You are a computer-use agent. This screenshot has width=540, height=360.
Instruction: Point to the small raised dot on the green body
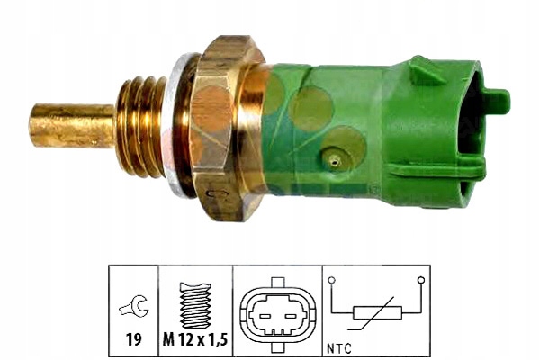[x=334, y=161]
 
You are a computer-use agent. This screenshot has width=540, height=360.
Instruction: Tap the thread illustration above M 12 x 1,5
[x=195, y=302]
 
